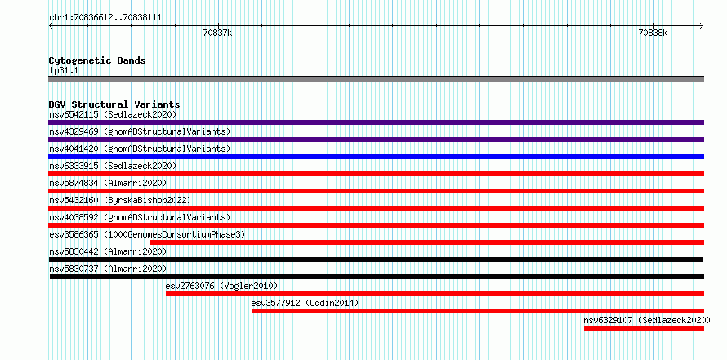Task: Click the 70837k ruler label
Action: [x=217, y=33]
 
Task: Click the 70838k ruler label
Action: [x=653, y=33]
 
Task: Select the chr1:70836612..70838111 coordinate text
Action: [x=105, y=18]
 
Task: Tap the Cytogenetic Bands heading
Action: [x=97, y=60]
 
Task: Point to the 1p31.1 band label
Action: [x=63, y=71]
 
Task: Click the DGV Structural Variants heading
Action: [x=114, y=104]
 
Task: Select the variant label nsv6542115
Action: [x=74, y=114]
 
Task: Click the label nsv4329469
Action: [x=74, y=131]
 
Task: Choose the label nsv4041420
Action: [x=74, y=149]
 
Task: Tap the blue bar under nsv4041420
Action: [x=376, y=157]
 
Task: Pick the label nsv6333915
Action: [x=74, y=166]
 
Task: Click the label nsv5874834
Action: [x=74, y=183]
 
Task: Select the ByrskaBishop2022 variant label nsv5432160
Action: [x=74, y=200]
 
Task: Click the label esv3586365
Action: [x=74, y=234]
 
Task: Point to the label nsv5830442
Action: [x=74, y=251]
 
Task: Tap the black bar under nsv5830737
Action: [x=377, y=277]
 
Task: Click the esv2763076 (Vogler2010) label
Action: [x=221, y=286]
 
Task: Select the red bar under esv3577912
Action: [x=478, y=311]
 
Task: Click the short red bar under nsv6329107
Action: [x=644, y=328]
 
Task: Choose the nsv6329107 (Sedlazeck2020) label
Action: [x=647, y=320]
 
